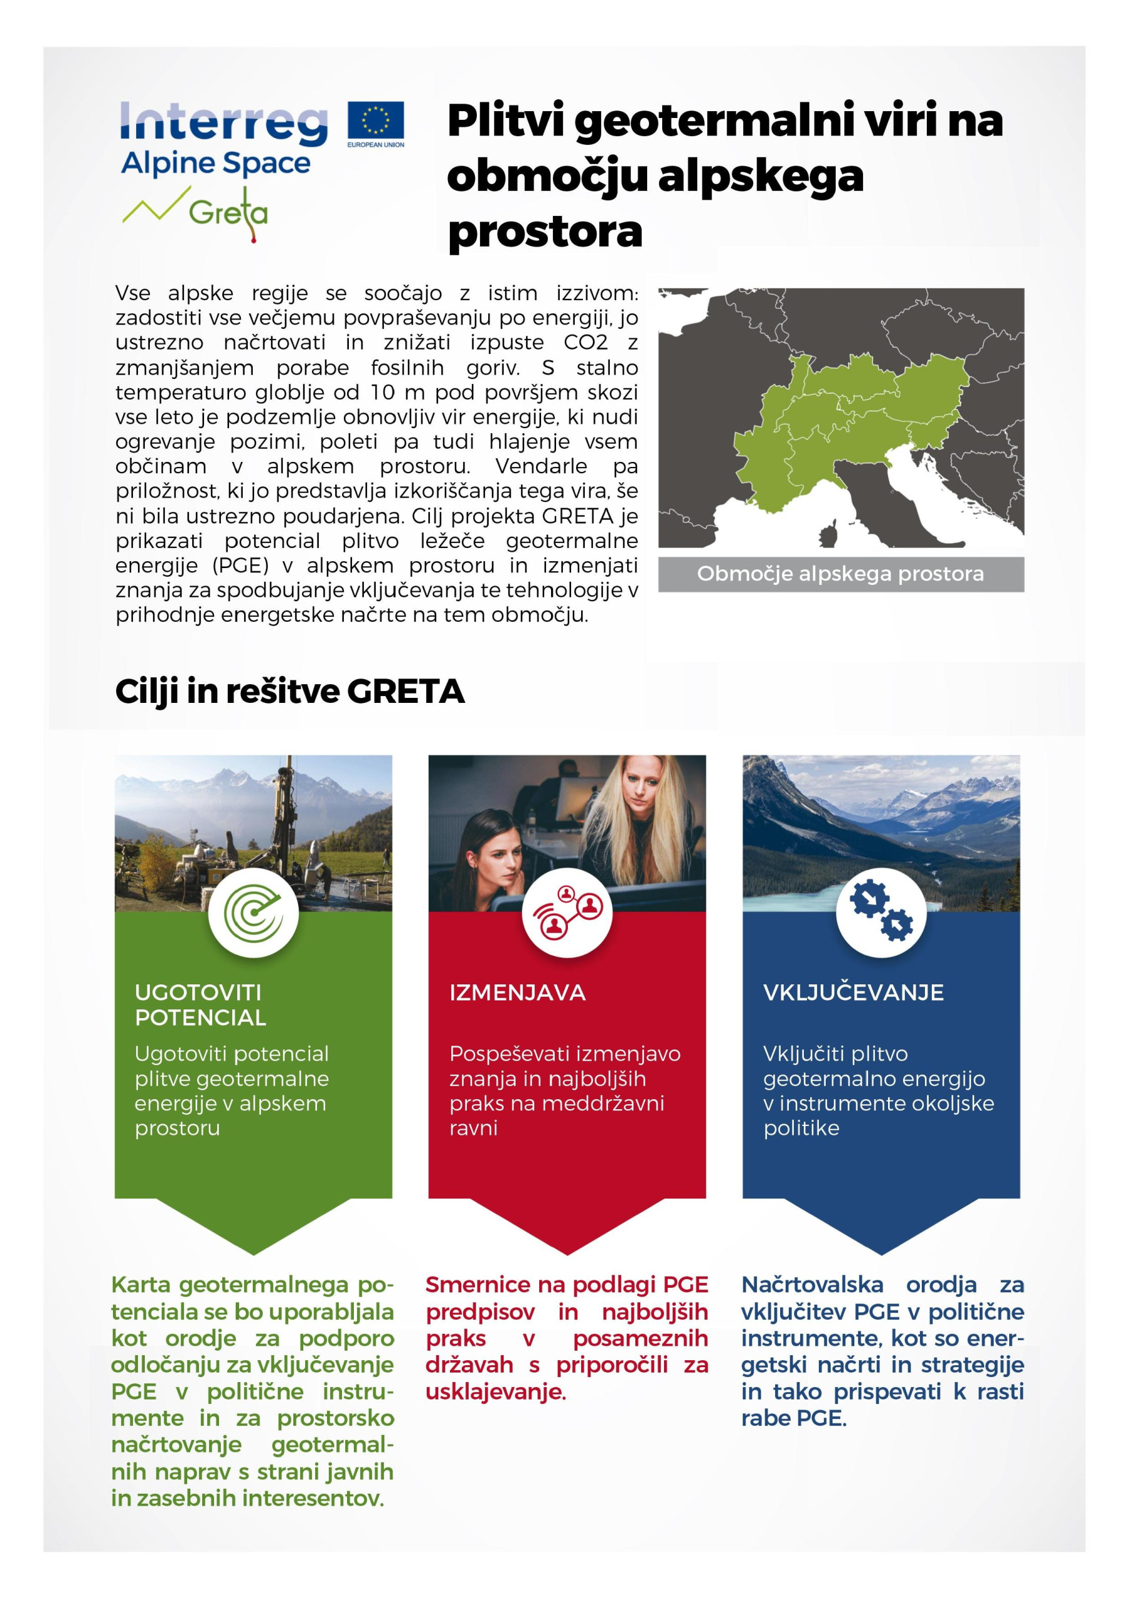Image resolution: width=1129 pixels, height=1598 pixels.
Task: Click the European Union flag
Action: pos(375,120)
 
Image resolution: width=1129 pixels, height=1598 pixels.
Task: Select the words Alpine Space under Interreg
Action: pos(216,163)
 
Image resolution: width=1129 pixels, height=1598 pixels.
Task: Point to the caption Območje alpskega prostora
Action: pos(840,574)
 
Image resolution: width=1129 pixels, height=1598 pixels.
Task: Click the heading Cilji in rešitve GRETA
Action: pos(290,691)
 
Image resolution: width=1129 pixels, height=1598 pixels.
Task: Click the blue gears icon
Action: pos(881,912)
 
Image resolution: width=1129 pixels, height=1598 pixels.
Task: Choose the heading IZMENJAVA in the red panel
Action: pos(517,992)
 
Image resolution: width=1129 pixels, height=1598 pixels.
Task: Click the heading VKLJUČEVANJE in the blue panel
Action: pos(853,992)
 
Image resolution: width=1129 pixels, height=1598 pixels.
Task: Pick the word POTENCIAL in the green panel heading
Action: pos(200,1017)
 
